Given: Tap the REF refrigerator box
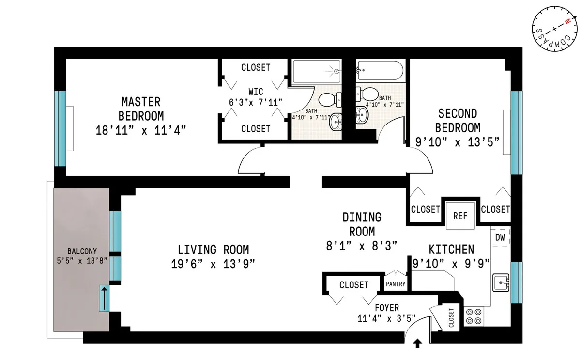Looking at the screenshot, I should pyautogui.click(x=459, y=215).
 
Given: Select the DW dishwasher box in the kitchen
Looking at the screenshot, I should pyautogui.click(x=501, y=237).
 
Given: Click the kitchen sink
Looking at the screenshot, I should pyautogui.click(x=501, y=282).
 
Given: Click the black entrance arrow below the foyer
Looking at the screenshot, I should pyautogui.click(x=418, y=344).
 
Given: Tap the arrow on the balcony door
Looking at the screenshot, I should pyautogui.click(x=104, y=297).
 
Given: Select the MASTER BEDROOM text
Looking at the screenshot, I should pyautogui.click(x=141, y=109).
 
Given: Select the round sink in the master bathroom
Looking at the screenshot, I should pyautogui.click(x=336, y=122).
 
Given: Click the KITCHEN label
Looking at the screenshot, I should pyautogui.click(x=451, y=249).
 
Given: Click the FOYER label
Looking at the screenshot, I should pyautogui.click(x=387, y=308).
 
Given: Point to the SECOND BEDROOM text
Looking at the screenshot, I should pyautogui.click(x=458, y=121).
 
